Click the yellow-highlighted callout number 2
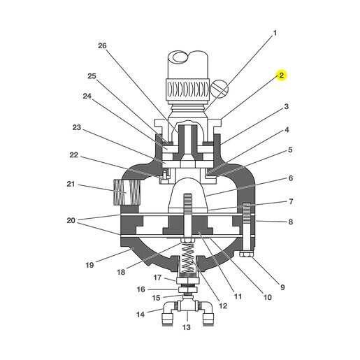[x=282, y=75]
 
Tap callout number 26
[x=102, y=45]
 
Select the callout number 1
[x=275, y=33]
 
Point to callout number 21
[x=71, y=184]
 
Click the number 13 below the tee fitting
[x=187, y=327]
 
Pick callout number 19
[x=89, y=265]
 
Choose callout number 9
[x=282, y=287]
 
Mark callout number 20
[x=71, y=220]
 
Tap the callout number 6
[x=291, y=178]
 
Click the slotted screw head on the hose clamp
[x=219, y=89]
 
